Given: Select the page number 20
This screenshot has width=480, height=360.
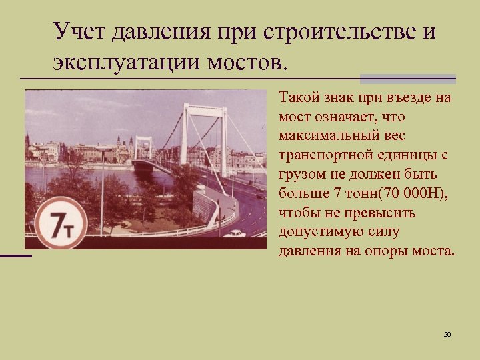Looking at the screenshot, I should point(447,333).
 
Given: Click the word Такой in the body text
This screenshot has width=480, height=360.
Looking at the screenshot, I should point(299,98).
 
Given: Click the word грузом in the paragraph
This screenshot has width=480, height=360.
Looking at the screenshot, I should point(301,175).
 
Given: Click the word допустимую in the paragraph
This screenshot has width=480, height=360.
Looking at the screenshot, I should point(321,233).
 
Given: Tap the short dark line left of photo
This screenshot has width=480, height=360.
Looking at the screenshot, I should point(15,255).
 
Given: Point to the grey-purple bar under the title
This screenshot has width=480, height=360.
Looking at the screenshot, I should point(407,78).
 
